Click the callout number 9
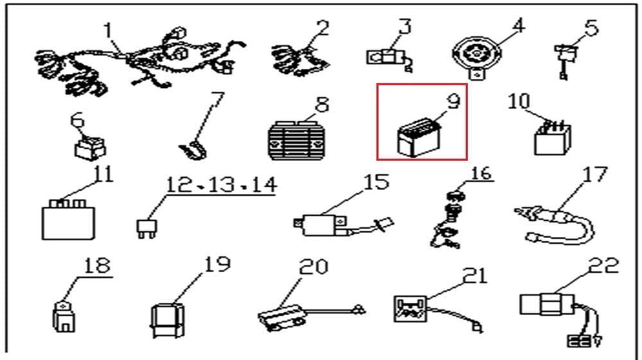point(453,101)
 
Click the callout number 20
point(314,267)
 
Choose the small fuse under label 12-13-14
point(146,228)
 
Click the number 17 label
point(595,175)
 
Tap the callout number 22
point(603,266)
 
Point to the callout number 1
point(108,30)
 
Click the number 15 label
point(376,182)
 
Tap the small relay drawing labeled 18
point(64,316)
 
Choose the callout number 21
point(475,276)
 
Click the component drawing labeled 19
point(167,320)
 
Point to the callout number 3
point(404,26)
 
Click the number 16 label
point(481,173)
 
